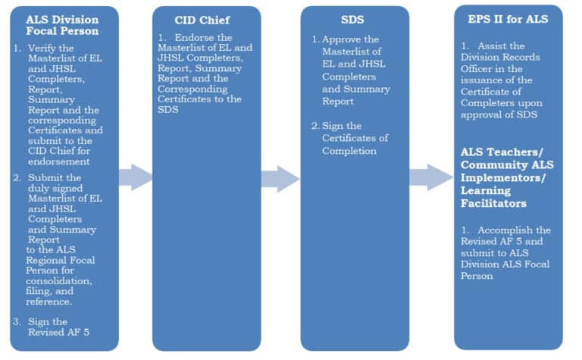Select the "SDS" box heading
point(355,20)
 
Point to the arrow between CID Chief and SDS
point(280,179)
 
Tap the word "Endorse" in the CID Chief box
point(194,37)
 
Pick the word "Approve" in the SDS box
point(341,39)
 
